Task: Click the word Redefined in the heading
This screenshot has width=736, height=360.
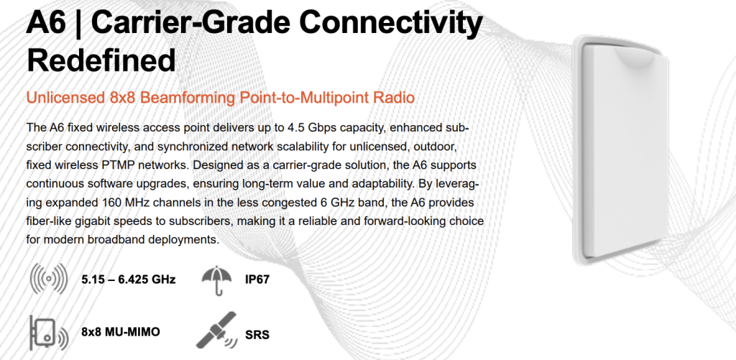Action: (x=101, y=60)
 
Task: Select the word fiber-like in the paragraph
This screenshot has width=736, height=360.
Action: (x=49, y=222)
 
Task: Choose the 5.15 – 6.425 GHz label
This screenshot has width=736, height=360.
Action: (x=128, y=280)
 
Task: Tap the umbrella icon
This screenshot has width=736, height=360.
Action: (x=217, y=280)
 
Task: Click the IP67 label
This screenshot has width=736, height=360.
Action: (x=257, y=280)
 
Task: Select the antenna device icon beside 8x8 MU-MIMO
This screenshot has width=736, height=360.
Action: (x=49, y=333)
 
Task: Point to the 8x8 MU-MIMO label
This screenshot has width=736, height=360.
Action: (x=120, y=332)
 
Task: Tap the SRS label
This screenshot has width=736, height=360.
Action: (x=257, y=336)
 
